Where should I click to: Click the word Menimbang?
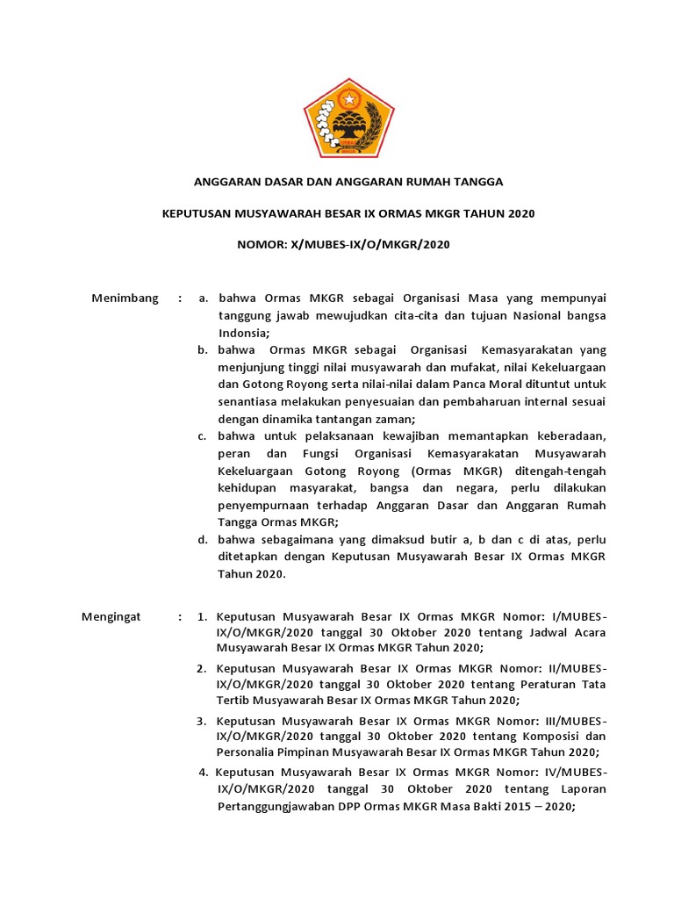tap(125, 298)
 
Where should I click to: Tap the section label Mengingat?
tap(111, 617)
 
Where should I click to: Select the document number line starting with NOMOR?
tap(343, 244)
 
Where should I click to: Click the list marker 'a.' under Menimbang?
tap(204, 298)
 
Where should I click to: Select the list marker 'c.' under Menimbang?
tap(202, 436)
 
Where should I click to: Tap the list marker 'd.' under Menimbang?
tap(203, 539)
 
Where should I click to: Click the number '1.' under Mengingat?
tap(202, 617)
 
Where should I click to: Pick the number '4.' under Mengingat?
tap(204, 773)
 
